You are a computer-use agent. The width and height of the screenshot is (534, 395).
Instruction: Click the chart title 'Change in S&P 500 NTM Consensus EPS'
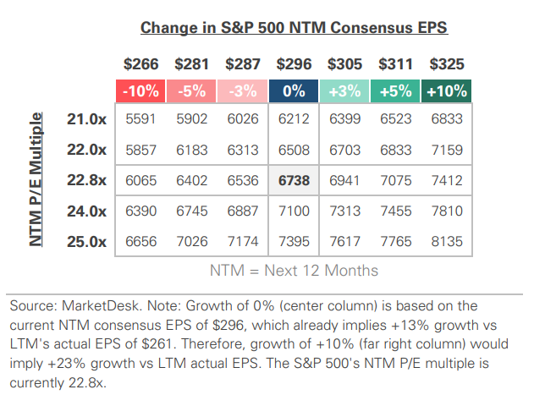point(294,27)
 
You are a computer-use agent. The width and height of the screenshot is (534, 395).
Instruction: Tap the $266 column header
point(140,63)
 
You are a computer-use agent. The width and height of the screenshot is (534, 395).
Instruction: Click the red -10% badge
point(141,90)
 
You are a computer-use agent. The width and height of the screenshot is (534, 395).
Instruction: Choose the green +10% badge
point(446,90)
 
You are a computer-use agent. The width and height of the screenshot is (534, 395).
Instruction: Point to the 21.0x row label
point(85,119)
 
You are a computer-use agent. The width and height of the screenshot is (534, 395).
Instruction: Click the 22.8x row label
point(85,180)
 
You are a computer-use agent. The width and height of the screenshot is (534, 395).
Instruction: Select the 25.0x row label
point(85,241)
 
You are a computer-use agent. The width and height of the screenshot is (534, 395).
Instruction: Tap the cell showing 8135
point(446,241)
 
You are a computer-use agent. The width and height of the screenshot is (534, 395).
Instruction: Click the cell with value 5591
point(140,119)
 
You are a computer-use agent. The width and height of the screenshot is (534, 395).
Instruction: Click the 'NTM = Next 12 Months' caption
point(294,271)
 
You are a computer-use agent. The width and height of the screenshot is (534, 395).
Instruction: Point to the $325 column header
point(446,63)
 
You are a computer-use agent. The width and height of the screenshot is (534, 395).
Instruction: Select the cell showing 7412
point(446,180)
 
